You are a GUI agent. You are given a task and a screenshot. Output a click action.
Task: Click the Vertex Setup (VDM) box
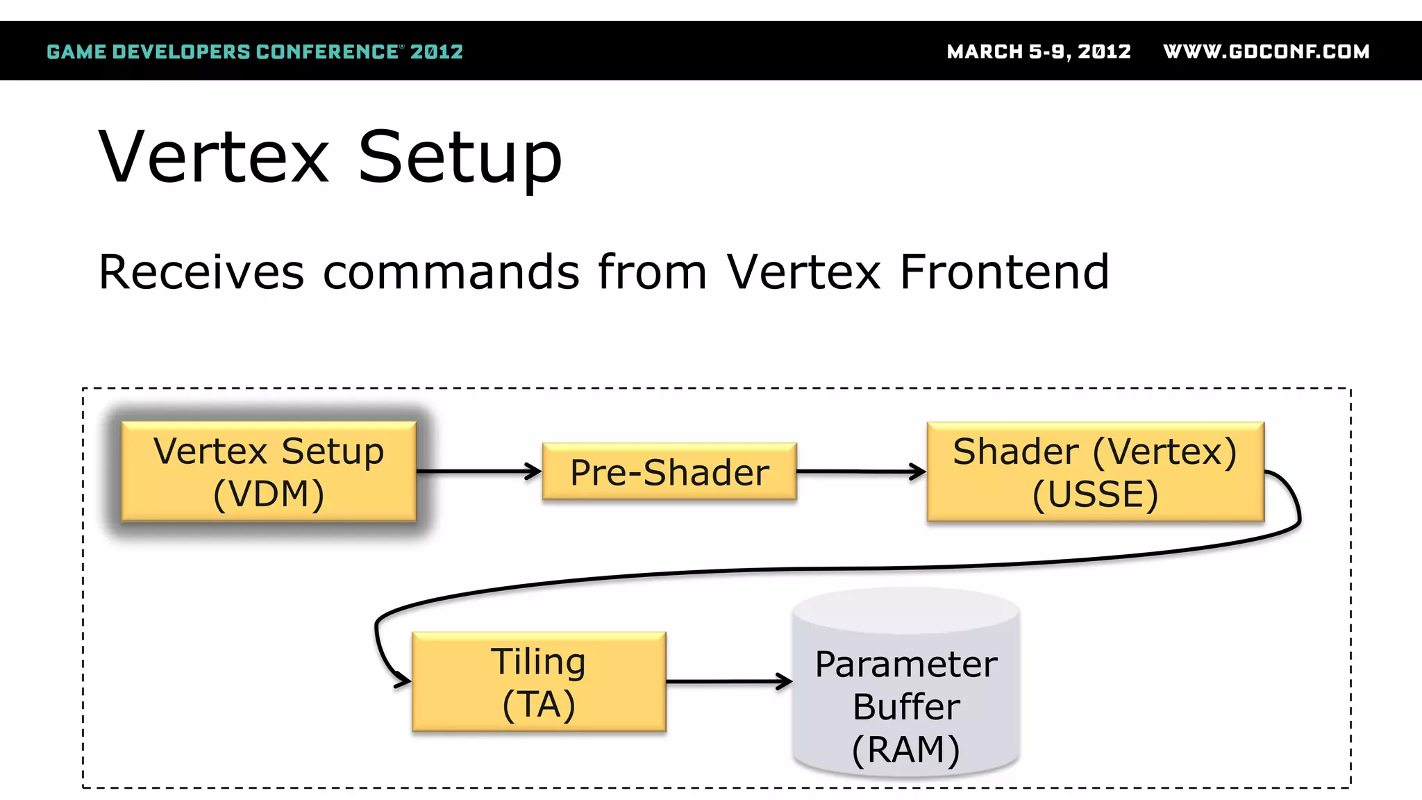(269, 472)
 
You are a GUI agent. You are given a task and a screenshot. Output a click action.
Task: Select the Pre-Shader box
(669, 472)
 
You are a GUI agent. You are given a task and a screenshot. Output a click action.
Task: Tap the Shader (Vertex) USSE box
(1095, 472)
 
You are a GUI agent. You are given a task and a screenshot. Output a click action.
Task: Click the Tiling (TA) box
(539, 682)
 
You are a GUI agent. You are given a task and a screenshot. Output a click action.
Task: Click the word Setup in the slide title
(459, 158)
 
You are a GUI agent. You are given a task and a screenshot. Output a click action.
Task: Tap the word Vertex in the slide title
(214, 158)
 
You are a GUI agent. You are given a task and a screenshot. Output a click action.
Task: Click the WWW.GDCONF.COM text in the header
(1266, 52)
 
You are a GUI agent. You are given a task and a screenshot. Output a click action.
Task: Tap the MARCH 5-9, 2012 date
(1039, 52)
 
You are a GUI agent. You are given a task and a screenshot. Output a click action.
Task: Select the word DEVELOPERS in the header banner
(181, 52)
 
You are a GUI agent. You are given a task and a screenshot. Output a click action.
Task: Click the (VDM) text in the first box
(269, 494)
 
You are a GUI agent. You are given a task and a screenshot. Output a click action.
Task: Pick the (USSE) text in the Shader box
(1095, 494)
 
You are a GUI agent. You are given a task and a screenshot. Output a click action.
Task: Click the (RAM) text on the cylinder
(906, 750)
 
